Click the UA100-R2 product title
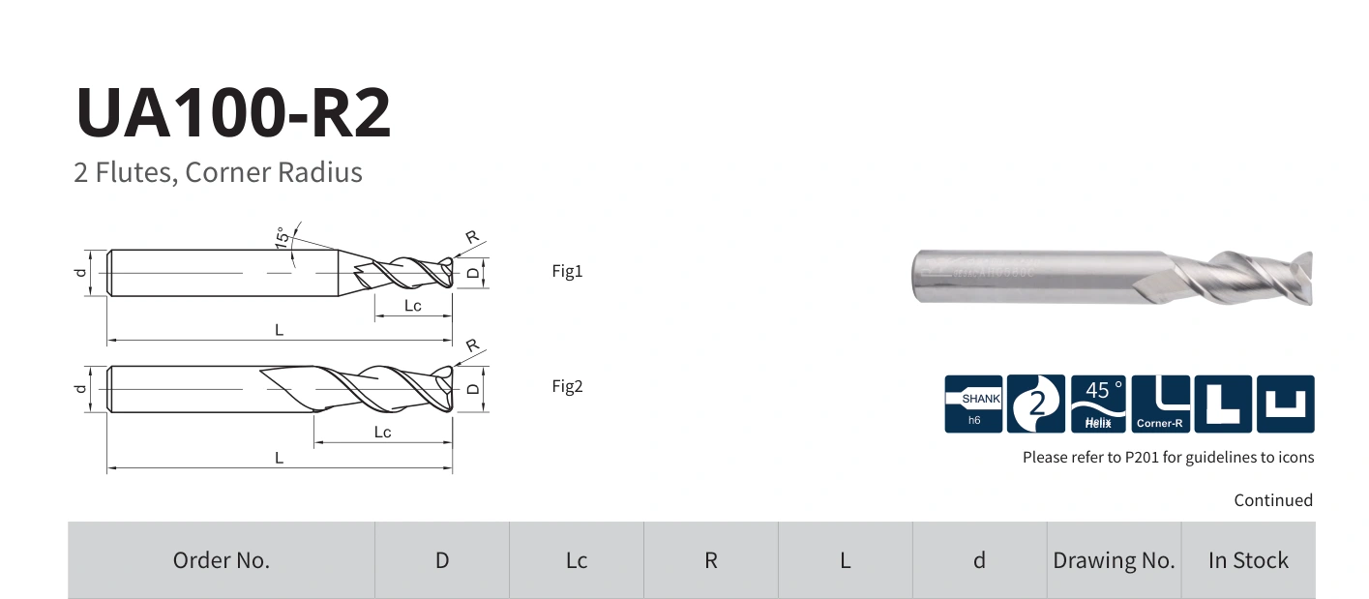(233, 112)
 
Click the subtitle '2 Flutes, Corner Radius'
(219, 172)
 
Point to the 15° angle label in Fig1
(282, 237)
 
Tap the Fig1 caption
(567, 271)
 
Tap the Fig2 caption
(567, 386)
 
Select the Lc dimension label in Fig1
(412, 306)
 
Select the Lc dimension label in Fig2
(382, 433)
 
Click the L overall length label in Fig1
(279, 330)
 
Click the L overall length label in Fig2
(279, 458)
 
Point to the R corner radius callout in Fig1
(472, 237)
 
